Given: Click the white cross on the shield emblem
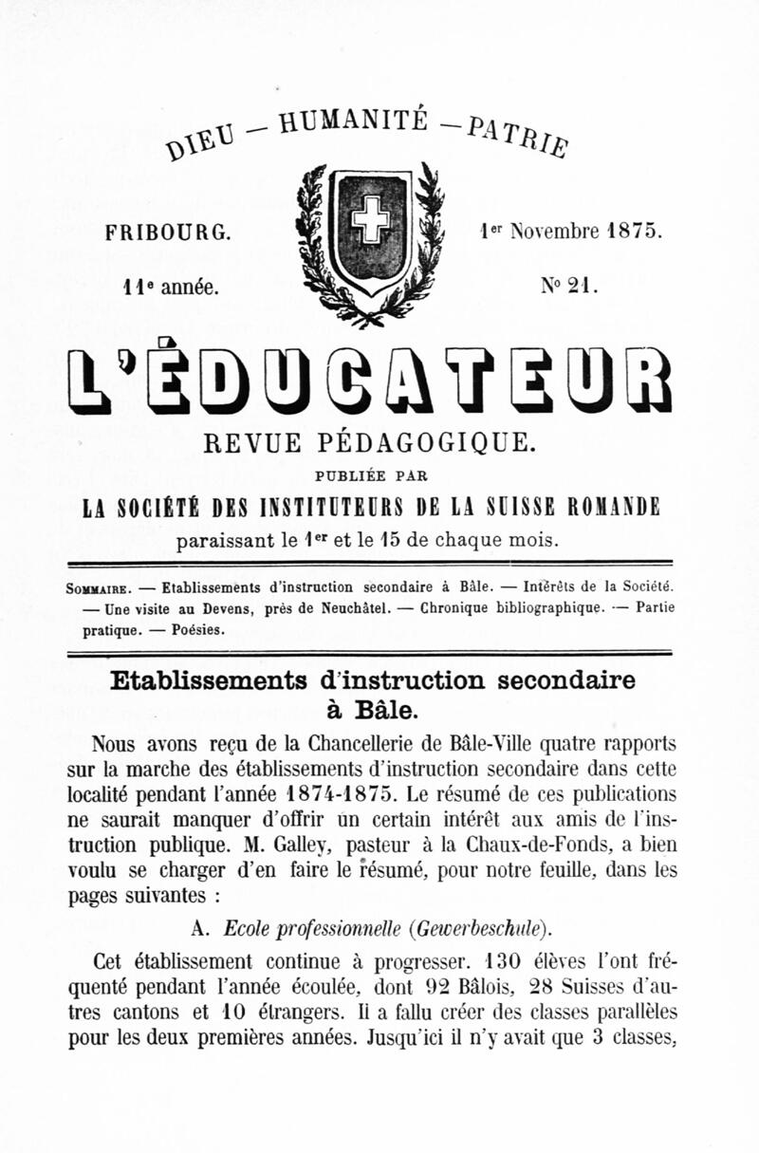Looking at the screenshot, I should pos(370,221).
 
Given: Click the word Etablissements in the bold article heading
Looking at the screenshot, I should pos(208,681).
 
